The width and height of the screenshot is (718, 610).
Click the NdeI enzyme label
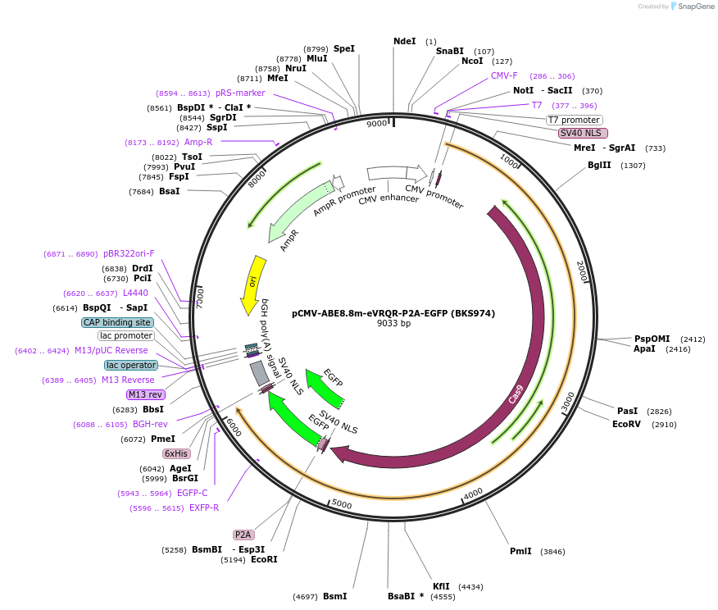[405, 41]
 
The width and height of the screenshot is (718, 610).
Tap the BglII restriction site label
[599, 165]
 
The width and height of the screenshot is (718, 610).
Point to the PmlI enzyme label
[520, 551]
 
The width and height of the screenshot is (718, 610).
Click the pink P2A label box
[243, 535]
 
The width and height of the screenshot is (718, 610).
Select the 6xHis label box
[176, 453]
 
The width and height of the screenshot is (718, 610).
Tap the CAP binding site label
[117, 322]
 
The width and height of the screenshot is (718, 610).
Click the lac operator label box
[130, 365]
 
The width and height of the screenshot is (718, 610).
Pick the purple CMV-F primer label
[504, 75]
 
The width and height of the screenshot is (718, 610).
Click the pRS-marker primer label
[234, 93]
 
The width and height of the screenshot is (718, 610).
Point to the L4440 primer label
[135, 293]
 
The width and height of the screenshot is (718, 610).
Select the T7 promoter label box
[574, 120]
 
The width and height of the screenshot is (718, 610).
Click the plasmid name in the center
[393, 313]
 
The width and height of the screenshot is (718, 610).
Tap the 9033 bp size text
[393, 324]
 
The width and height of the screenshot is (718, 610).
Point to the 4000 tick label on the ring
[473, 494]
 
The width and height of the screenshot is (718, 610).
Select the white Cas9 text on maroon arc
[516, 394]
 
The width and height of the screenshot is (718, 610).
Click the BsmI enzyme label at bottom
[334, 596]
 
